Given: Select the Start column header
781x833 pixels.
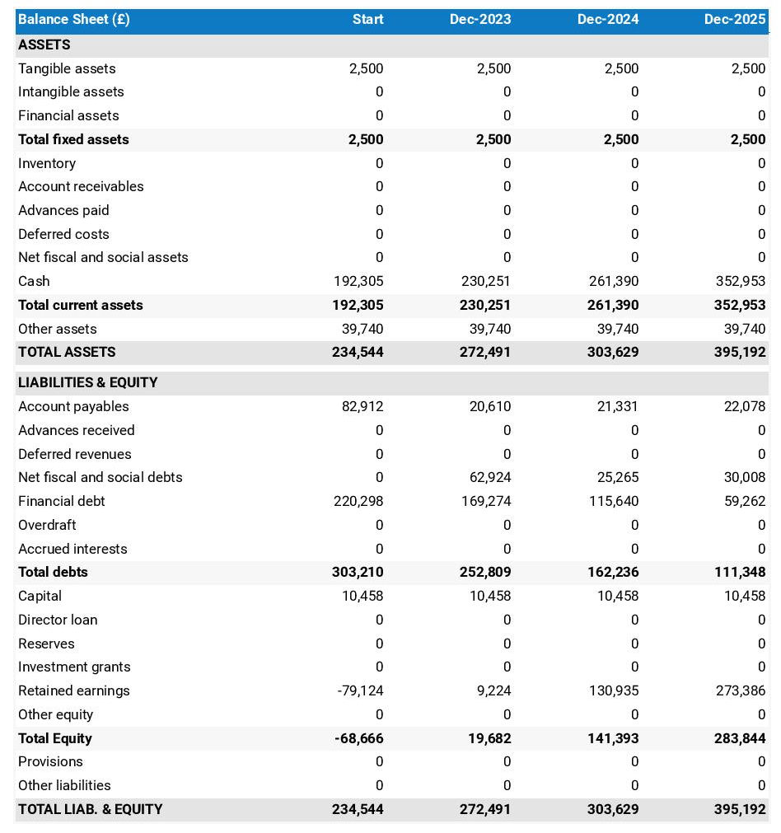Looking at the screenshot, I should [367, 20].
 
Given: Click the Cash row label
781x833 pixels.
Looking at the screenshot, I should [34, 281].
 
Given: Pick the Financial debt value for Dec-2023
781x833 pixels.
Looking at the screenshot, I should [486, 501].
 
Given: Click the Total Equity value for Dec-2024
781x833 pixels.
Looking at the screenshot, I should [613, 738].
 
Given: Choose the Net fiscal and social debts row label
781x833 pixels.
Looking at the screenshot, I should [101, 477].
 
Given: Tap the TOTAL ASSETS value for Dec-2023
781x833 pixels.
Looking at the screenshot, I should [485, 352].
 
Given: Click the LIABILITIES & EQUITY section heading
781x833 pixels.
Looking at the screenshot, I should [88, 382].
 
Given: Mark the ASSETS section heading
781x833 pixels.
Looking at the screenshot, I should [44, 44].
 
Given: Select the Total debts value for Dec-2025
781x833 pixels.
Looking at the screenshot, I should [741, 572].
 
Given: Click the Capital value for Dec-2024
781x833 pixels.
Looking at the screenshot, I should [618, 596].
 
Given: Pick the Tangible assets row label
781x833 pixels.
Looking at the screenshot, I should [67, 68].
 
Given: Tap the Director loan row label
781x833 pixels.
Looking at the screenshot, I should [58, 620].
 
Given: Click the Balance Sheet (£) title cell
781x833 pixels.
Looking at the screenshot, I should [74, 20].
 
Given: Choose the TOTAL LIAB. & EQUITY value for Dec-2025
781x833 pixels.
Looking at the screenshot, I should [740, 809].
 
